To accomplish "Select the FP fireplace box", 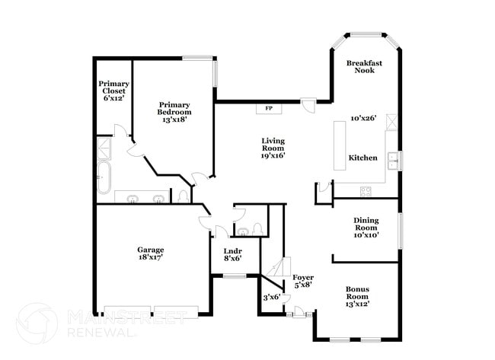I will click(269, 109).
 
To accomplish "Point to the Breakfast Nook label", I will click(363, 66).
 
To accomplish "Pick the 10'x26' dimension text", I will click(364, 119).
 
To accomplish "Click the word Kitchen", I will click(362, 158).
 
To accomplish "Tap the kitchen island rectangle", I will click(338, 146).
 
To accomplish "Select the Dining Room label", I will click(366, 228).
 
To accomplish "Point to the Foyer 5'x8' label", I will click(303, 281).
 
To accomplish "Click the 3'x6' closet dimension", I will click(272, 297).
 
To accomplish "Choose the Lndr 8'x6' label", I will click(232, 254).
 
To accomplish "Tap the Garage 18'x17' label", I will click(150, 253).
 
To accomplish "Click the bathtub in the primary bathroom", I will click(104, 177).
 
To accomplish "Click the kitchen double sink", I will click(394, 161).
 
